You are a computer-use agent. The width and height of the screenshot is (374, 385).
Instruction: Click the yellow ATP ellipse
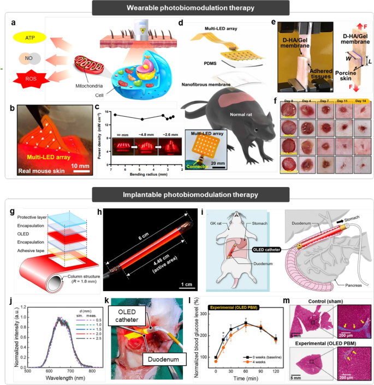point(27,37)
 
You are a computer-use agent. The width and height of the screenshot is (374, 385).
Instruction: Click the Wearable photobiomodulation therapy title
point(187,9)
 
